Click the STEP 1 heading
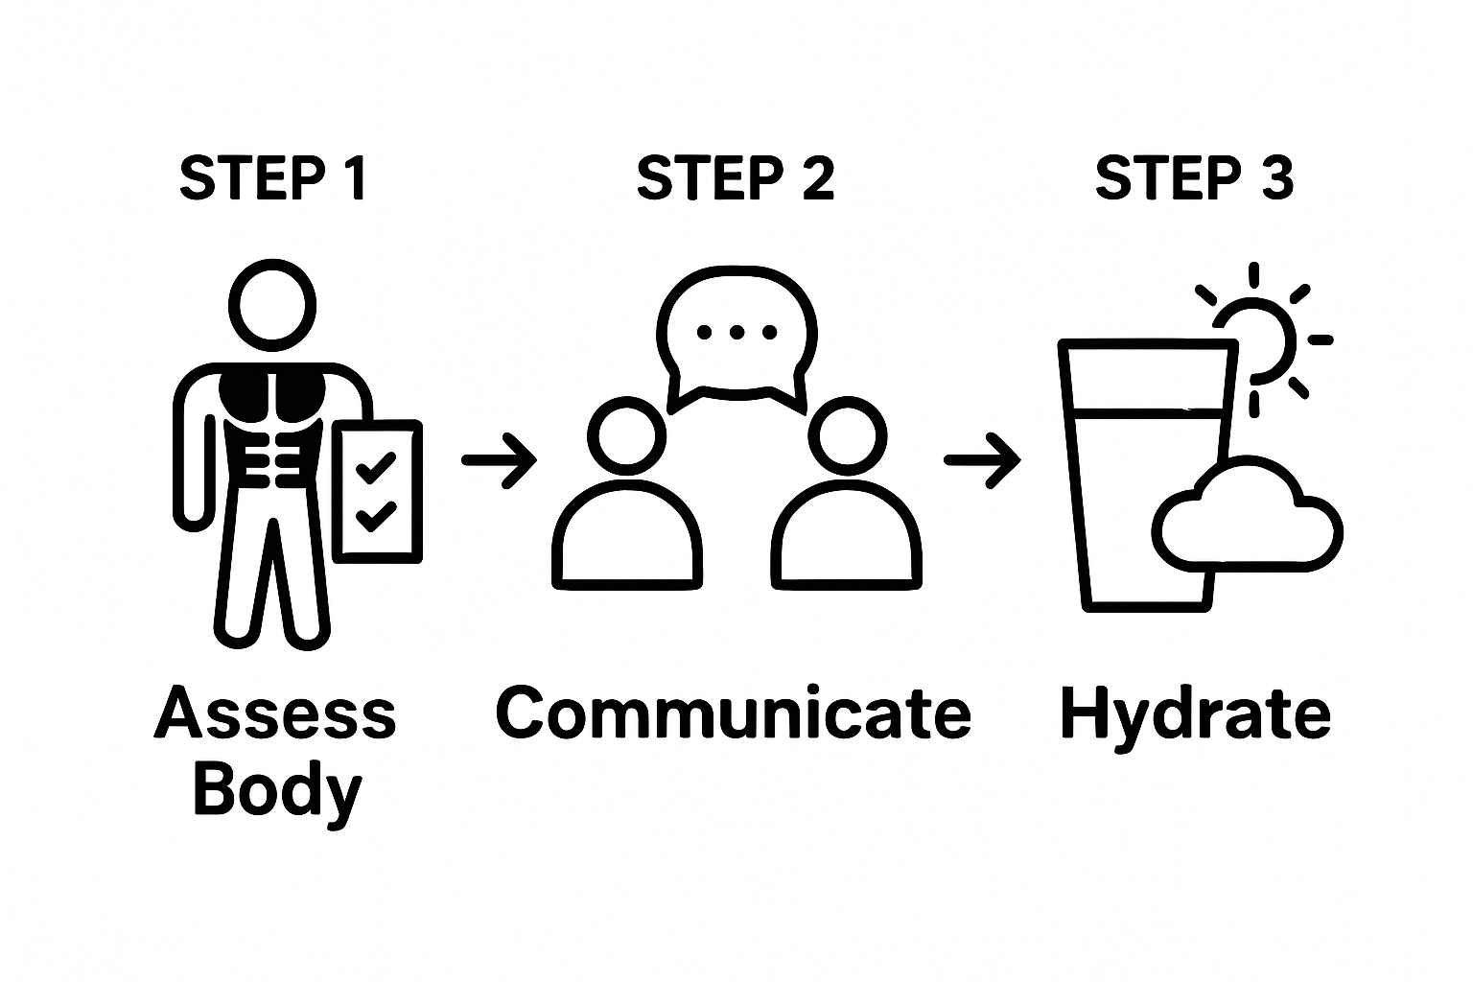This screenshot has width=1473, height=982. (x=273, y=178)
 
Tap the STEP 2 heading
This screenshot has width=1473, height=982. (x=736, y=178)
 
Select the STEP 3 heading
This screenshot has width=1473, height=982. (x=1194, y=178)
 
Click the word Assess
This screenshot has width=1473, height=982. (x=275, y=714)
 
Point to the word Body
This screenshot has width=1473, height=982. (x=277, y=792)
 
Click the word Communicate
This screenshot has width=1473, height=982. (x=734, y=714)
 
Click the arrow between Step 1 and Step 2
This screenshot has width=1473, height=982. (x=500, y=460)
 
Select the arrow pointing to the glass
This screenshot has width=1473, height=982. (x=982, y=460)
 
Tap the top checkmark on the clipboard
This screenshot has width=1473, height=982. (x=375, y=468)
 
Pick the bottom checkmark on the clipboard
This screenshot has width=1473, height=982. (x=375, y=516)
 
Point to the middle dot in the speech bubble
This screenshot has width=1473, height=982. (x=736, y=333)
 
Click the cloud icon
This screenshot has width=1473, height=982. (x=1247, y=523)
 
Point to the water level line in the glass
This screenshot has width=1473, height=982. (x=1146, y=413)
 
